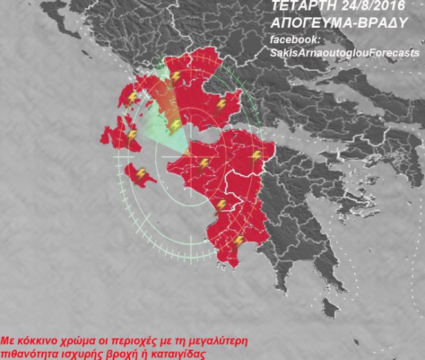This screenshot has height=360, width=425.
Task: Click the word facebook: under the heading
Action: click(x=292, y=40)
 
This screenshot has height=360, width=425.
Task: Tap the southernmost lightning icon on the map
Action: click(x=238, y=241)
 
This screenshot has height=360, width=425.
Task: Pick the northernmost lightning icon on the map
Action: click(x=175, y=77)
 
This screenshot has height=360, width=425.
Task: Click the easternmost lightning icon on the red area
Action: click(x=256, y=155)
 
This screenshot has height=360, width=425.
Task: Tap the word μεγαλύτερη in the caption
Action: click(x=211, y=340)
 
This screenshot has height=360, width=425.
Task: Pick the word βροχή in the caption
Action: click(x=118, y=352)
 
